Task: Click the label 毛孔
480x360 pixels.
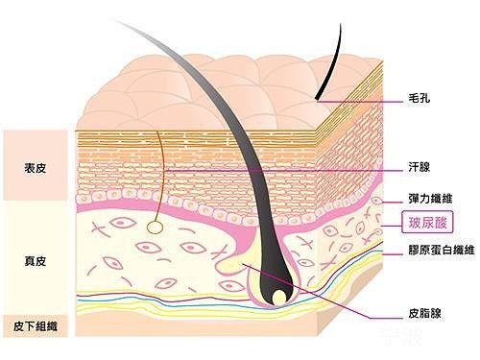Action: click(x=419, y=98)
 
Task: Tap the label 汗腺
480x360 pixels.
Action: click(x=419, y=167)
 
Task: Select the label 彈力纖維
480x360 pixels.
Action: click(x=430, y=199)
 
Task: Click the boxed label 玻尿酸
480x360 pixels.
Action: click(x=427, y=222)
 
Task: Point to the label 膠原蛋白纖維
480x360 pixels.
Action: click(x=442, y=250)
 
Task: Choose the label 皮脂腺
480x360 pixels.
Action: click(x=424, y=313)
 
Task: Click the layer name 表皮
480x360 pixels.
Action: click(x=36, y=168)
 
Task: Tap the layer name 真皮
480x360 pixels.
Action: click(x=36, y=261)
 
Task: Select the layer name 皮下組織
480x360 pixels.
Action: click(x=36, y=326)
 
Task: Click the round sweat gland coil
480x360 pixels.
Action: click(x=155, y=228)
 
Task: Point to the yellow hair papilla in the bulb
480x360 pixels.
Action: click(x=279, y=298)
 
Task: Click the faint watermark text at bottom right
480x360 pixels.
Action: click(x=402, y=336)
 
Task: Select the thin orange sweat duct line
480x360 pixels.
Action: click(x=161, y=176)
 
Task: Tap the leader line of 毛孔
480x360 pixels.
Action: click(x=360, y=102)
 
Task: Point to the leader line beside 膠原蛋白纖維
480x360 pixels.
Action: click(x=393, y=254)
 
